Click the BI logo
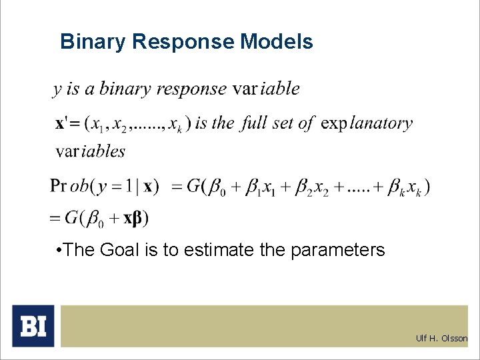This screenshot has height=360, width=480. (x=33, y=326)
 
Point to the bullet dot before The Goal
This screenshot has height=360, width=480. (x=60, y=251)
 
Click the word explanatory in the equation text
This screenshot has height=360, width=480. (x=367, y=124)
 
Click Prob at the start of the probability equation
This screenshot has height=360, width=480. (x=69, y=186)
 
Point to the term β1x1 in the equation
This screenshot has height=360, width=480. (x=262, y=187)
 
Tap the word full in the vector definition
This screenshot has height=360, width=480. (x=254, y=123)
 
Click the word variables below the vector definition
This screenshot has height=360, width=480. (x=91, y=151)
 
